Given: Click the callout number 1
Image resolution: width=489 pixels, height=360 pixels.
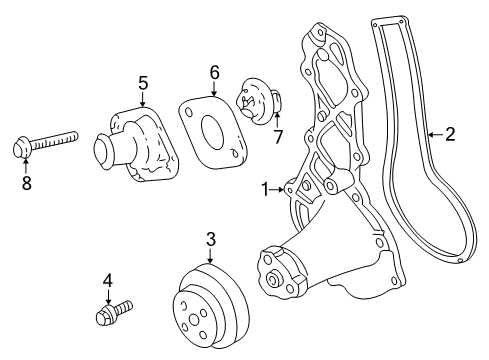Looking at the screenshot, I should pyautogui.click(x=266, y=188).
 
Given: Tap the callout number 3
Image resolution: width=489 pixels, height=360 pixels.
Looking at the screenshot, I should pyautogui.click(x=211, y=238).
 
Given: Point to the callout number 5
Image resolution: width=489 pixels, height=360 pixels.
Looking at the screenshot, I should pyautogui.click(x=142, y=82).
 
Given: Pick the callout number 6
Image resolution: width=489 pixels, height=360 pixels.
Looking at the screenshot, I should pyautogui.click(x=214, y=72).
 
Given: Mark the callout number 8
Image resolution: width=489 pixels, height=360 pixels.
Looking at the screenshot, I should pyautogui.click(x=27, y=183).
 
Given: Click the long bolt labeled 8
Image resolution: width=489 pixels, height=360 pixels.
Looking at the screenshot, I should pyautogui.click(x=50, y=142).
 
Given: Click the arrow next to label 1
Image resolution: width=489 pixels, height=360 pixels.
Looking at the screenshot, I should pyautogui.click(x=281, y=188).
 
